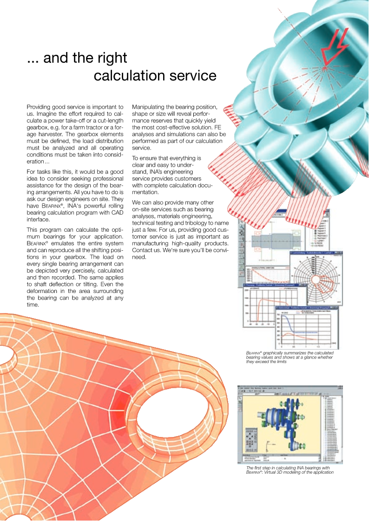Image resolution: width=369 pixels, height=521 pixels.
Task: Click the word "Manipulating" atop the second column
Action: [x=152, y=107]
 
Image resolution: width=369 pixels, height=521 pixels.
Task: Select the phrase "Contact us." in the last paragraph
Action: [x=146, y=251]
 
